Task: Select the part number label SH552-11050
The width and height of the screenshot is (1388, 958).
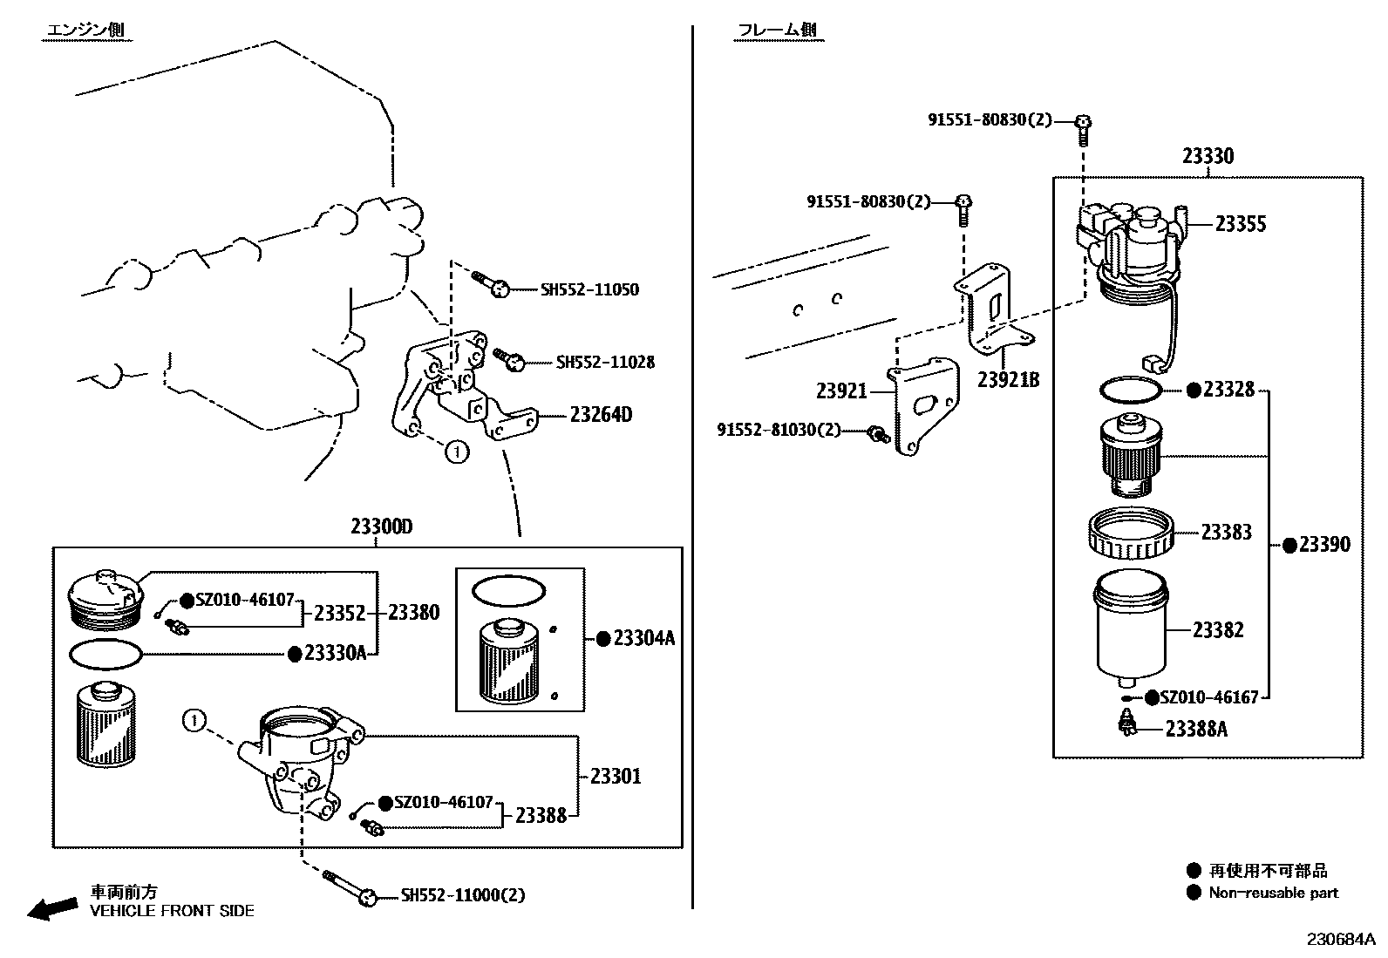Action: pos(589,289)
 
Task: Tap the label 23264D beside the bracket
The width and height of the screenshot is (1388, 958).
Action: pos(601,414)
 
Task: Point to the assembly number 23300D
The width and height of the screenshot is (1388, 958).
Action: pos(381,527)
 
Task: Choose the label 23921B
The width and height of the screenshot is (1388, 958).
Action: pos(1008,380)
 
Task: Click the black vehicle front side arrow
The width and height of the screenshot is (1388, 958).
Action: pos(51,908)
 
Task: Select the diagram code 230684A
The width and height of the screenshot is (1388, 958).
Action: pos(1339,939)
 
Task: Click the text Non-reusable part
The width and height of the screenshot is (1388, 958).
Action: pos(1273,893)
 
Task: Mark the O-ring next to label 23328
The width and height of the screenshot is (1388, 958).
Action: pos(1131,389)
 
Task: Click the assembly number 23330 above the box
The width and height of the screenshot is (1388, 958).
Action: pos(1208,156)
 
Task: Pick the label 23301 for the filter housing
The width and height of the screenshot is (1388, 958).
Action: pos(615,776)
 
